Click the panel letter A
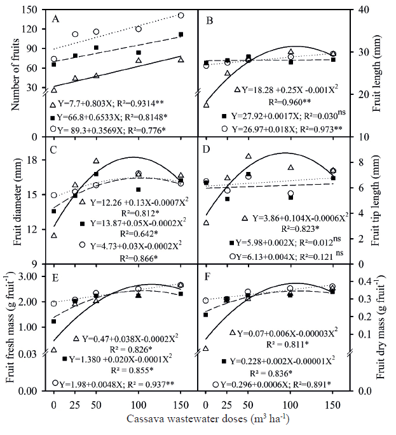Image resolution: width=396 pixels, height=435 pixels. [x=55, y=18]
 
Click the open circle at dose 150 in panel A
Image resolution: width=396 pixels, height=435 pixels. [x=181, y=15]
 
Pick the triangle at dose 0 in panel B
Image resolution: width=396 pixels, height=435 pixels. [x=206, y=104]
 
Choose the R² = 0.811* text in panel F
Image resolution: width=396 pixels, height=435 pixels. [x=278, y=345]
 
